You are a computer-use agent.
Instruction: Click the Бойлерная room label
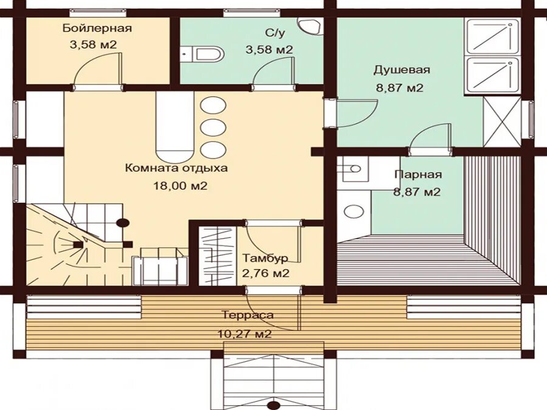(x=97, y=28)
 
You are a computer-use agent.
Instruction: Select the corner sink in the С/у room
(x=311, y=26)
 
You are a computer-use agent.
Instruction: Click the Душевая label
(x=402, y=70)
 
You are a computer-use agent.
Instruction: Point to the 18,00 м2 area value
(x=181, y=185)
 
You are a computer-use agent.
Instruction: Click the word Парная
(x=418, y=174)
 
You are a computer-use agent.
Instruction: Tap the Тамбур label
(x=265, y=258)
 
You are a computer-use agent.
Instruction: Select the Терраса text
(x=248, y=315)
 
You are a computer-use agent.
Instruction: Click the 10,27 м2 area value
(x=244, y=334)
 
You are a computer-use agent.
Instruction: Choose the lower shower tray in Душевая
(x=492, y=75)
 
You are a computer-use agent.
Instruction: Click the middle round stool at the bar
(x=213, y=128)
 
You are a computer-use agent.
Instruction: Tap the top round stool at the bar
(x=213, y=105)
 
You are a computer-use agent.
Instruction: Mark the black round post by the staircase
(x=123, y=223)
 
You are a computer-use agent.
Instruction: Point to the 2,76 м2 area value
(x=266, y=273)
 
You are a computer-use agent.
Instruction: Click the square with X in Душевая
(x=502, y=121)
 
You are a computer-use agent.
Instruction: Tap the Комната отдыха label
(x=176, y=168)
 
